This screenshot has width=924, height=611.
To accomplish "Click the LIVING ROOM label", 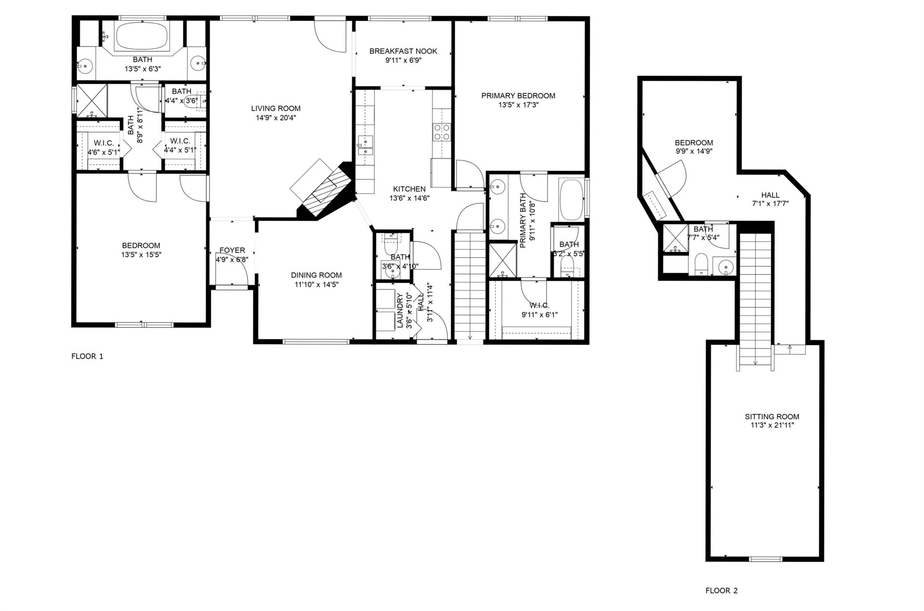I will click(276, 109).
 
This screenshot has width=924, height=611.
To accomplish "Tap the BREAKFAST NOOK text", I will click(403, 51).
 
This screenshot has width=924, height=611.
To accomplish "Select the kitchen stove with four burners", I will click(442, 132).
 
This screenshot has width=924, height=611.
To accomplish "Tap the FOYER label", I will click(232, 250).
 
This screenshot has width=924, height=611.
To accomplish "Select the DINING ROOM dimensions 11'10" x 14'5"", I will click(316, 284).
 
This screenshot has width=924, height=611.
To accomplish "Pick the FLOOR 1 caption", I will click(87, 356).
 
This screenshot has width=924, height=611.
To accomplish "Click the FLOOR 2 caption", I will click(721, 591).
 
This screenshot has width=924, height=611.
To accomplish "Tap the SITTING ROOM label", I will click(772, 417).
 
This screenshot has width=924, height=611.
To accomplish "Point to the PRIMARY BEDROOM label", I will click(518, 96).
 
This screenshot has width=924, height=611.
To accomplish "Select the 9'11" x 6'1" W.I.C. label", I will click(539, 305).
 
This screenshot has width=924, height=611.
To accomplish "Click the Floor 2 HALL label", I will click(770, 195).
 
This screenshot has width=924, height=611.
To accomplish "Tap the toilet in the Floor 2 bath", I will click(701, 264).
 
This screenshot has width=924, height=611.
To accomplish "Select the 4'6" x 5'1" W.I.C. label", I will click(103, 142).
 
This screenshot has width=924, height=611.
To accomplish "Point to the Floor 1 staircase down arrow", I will click(470, 336).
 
